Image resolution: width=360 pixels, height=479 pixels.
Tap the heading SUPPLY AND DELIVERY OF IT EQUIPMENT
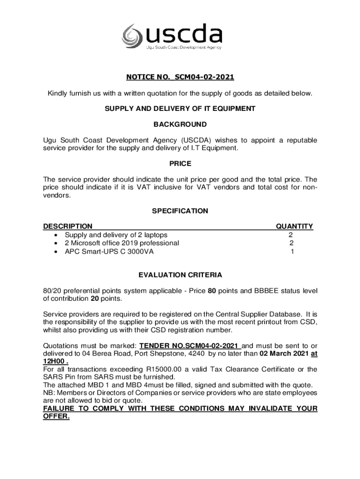point(180,109)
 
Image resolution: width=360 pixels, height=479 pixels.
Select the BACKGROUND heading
point(180,124)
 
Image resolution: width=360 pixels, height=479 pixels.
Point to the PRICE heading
point(180,164)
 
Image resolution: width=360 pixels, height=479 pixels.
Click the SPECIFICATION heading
point(180,211)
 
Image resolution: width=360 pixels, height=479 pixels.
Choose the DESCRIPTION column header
point(68,226)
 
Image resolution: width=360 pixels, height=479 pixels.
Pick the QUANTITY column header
point(294,226)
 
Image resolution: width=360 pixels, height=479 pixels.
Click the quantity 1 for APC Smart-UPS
point(292,252)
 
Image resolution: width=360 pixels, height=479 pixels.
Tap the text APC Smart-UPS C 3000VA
point(109,252)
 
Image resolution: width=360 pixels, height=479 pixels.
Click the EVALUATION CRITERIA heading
point(180,275)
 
